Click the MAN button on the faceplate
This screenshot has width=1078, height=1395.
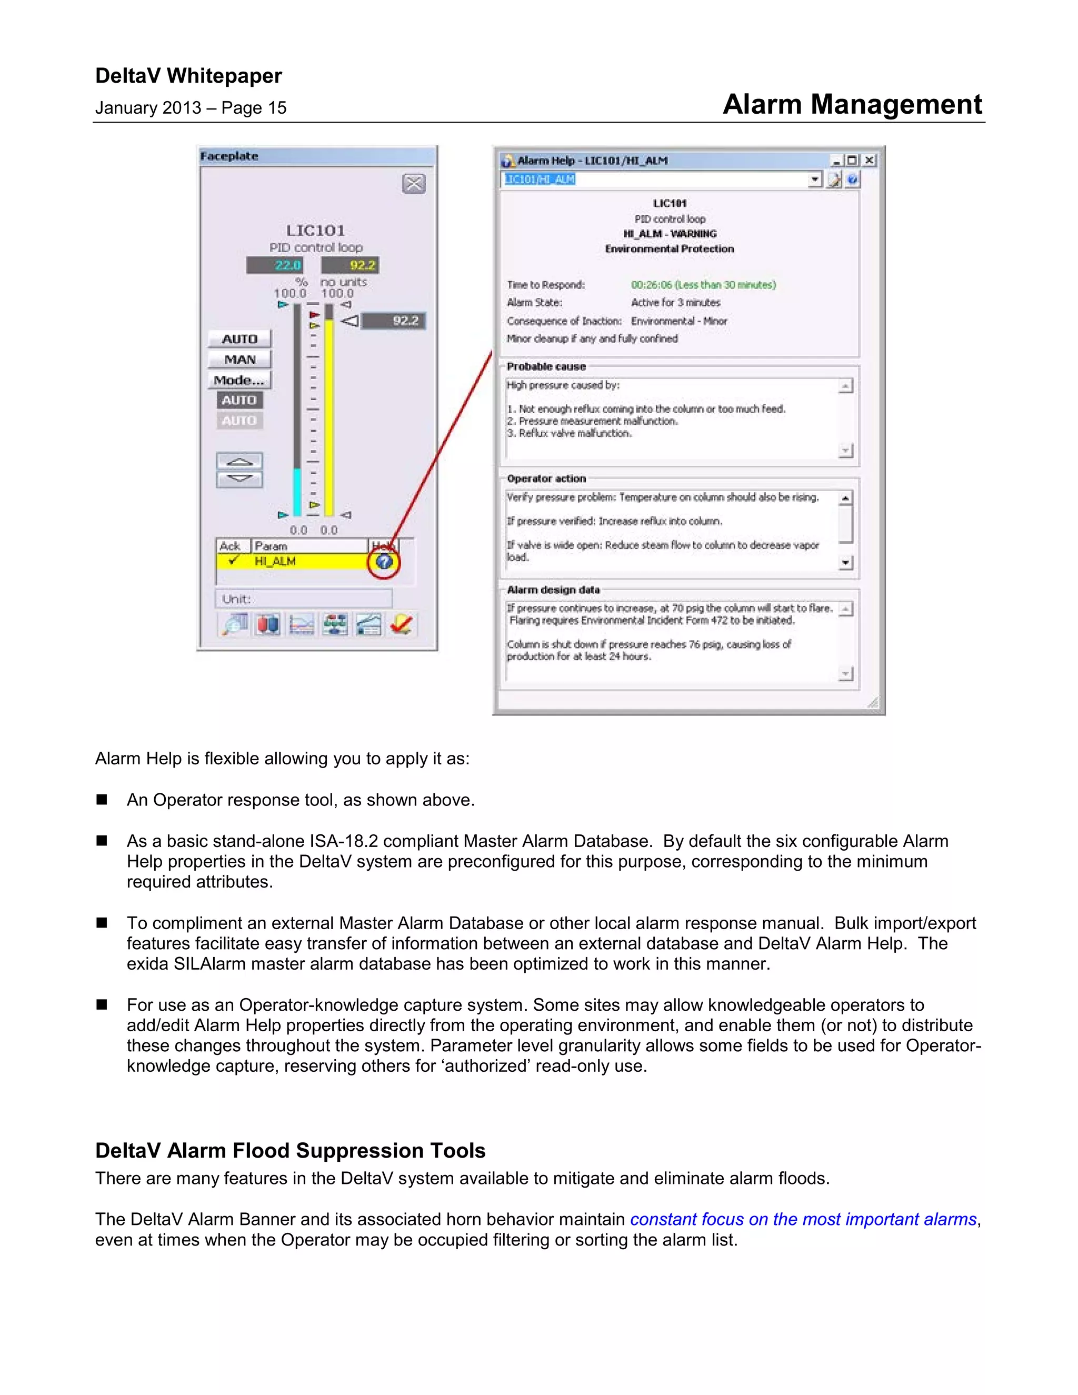coord(239,360)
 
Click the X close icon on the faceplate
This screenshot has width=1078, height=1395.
coord(414,184)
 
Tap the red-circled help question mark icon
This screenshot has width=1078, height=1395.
coord(384,562)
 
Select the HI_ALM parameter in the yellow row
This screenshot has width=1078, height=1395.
coord(275,562)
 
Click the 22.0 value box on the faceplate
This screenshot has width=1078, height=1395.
coord(275,265)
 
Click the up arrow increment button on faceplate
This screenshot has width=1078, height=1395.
coord(239,461)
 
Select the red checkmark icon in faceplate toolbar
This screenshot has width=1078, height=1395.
coord(402,624)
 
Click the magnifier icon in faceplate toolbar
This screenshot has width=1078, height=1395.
coord(234,624)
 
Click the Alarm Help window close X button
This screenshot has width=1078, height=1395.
coord(869,161)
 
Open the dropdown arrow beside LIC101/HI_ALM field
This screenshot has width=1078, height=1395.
coord(815,180)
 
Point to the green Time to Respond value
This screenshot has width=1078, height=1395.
coord(703,285)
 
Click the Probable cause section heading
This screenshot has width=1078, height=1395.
coord(546,366)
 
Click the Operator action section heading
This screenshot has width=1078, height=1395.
coord(546,479)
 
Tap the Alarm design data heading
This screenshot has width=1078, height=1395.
coord(553,590)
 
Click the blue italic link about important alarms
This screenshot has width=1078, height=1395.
coord(803,1219)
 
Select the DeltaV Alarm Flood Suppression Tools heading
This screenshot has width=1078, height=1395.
coord(290,1150)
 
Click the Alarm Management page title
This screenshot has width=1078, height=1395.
coord(852,104)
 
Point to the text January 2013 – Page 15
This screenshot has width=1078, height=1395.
coord(191,108)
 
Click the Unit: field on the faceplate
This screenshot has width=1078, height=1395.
coord(303,599)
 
